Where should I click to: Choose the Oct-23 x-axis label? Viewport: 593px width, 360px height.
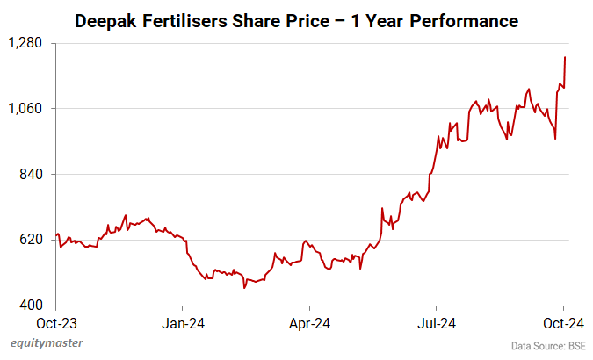pyautogui.click(x=56, y=321)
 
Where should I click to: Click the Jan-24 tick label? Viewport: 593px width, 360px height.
pyautogui.click(x=183, y=321)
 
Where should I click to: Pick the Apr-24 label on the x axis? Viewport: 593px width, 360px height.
pyautogui.click(x=310, y=321)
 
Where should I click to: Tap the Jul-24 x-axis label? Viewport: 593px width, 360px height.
pyautogui.click(x=437, y=321)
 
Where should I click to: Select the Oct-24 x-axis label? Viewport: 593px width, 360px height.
pyautogui.click(x=563, y=321)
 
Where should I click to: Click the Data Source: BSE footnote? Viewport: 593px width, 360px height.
pyautogui.click(x=548, y=346)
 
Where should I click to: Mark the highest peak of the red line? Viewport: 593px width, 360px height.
pyautogui.click(x=565, y=57)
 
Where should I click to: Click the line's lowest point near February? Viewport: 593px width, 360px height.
pyautogui.click(x=244, y=287)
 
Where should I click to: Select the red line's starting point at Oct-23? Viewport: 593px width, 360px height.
pyautogui.click(x=56, y=234)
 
